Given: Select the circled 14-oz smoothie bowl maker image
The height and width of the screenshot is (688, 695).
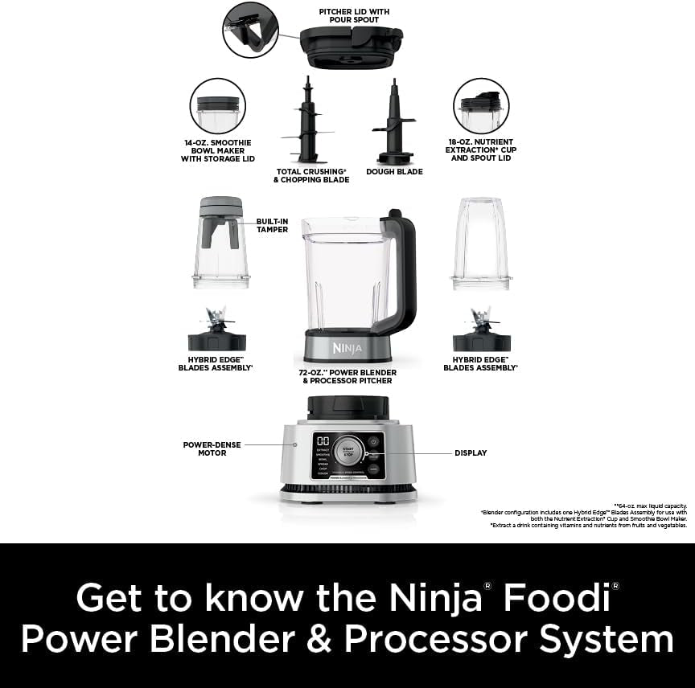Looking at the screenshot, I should [x=218, y=106].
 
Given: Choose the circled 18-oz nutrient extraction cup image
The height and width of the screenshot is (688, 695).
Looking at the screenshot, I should [x=481, y=106].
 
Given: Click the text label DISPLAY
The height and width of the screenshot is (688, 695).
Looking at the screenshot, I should [x=471, y=453].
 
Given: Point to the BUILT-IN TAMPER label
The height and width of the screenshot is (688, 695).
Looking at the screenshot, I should [x=272, y=225].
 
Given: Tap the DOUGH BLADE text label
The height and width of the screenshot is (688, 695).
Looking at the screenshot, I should [x=394, y=171].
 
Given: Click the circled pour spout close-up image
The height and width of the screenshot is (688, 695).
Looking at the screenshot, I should [x=250, y=30].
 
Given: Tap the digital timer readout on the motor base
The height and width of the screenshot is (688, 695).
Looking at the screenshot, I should [x=323, y=443].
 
